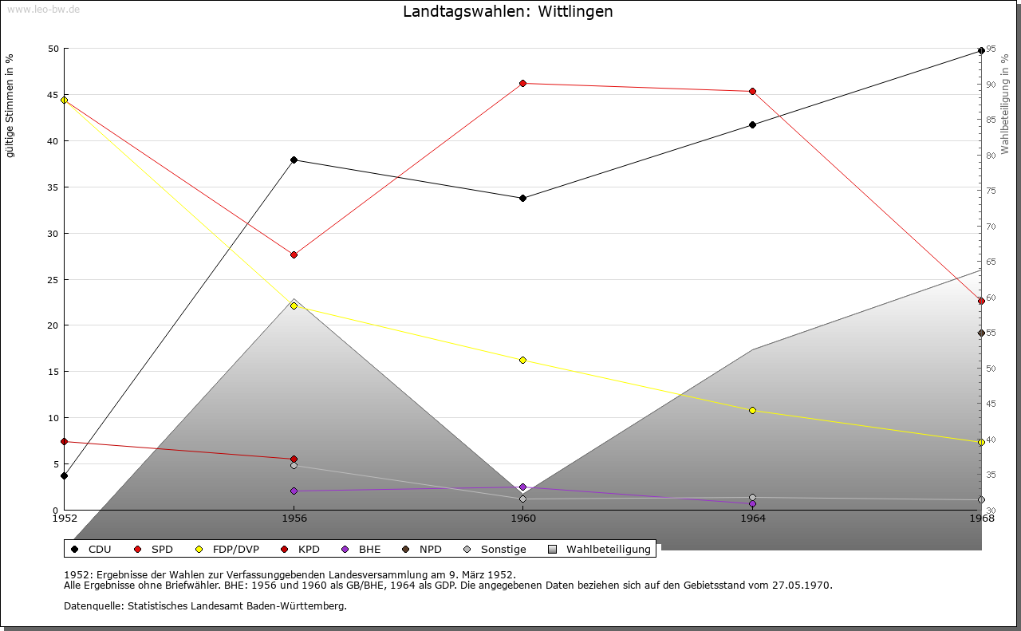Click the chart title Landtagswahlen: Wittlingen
(508, 12)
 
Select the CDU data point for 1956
(294, 160)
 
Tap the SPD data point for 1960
(522, 84)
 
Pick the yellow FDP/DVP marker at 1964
(752, 411)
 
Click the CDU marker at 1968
(981, 50)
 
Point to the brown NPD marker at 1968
(981, 333)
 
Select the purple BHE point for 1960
(522, 487)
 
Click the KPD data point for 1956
(294, 459)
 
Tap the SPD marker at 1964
(752, 92)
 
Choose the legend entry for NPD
(422, 550)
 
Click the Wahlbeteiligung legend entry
(599, 550)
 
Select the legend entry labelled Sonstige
(495, 550)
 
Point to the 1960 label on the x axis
(523, 519)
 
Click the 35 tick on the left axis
(53, 187)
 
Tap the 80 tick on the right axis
(991, 156)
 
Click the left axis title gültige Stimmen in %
(10, 106)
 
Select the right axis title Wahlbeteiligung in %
(1005, 105)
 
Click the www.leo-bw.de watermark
(43, 9)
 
